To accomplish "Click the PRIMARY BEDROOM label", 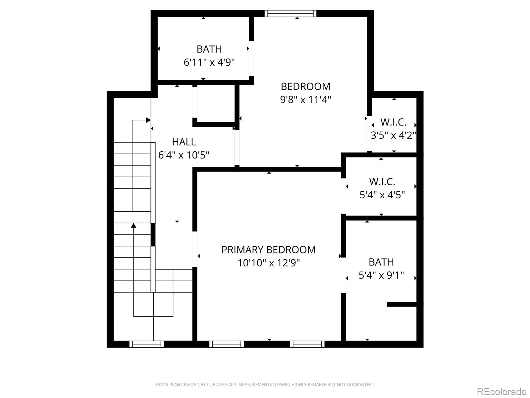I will (268, 250).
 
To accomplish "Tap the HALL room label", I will (184, 142).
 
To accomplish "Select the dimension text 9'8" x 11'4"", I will (305, 99).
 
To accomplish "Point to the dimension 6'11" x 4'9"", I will (209, 62).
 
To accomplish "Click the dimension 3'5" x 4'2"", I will (393, 135).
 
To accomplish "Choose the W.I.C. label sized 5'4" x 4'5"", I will (382, 182).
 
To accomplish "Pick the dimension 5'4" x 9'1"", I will (381, 275).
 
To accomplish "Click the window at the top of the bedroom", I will (291, 14).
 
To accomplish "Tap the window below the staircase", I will (146, 344).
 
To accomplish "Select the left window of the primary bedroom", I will (227, 344).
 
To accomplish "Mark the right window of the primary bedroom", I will (307, 344).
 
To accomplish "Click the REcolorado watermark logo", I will (501, 391).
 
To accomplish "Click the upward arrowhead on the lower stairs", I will (133, 226).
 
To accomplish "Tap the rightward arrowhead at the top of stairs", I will (148, 120).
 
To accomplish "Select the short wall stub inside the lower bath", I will (401, 304).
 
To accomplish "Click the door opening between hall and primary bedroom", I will (195, 249).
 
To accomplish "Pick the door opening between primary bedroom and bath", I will (344, 275).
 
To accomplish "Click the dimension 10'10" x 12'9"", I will (268, 263).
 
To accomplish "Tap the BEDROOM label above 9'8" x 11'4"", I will (305, 86).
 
